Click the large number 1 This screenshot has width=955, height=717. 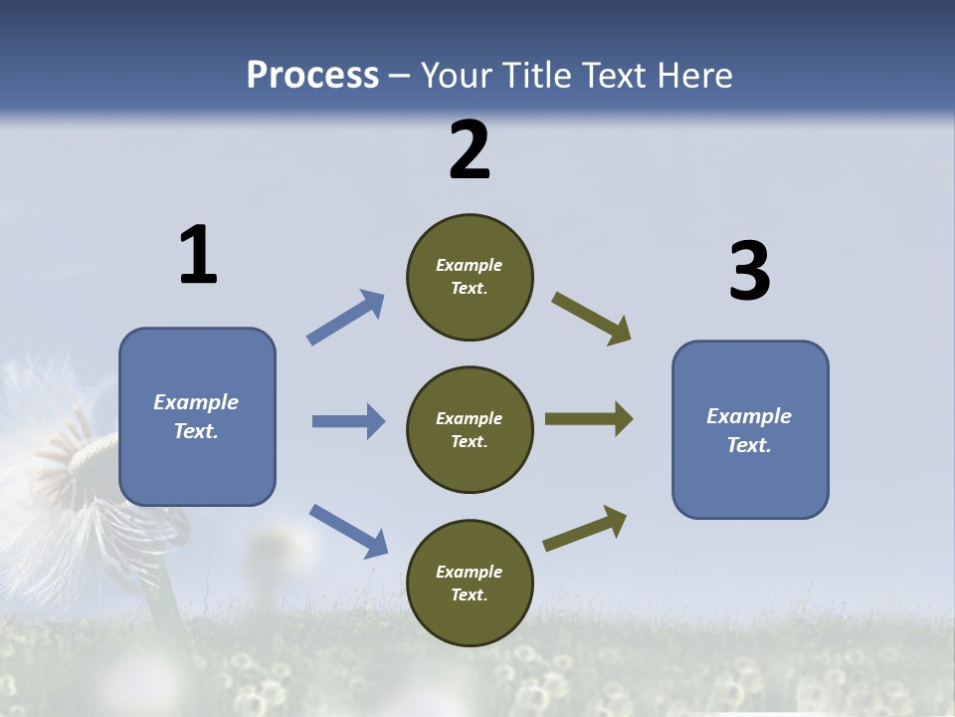[x=198, y=256]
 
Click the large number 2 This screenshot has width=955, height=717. [x=470, y=150]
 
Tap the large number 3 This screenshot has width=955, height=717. [x=749, y=272]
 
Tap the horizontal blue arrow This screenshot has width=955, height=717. [x=348, y=421]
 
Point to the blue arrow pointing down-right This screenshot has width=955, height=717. [x=348, y=530]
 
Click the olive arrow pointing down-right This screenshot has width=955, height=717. [x=592, y=319]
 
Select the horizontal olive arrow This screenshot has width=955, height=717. [x=589, y=419]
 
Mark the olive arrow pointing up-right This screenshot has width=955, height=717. [x=585, y=529]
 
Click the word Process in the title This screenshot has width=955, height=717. [x=312, y=76]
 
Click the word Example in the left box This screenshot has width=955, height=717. [x=196, y=402]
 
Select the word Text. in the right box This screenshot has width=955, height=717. [x=749, y=445]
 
